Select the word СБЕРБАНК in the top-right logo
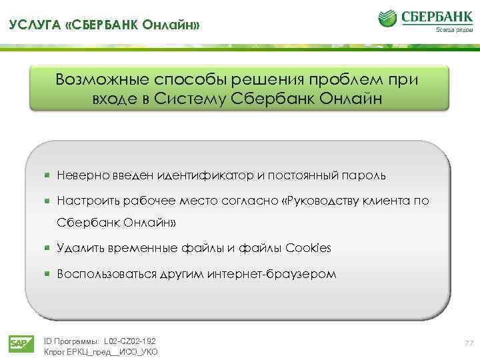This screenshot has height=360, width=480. click(434, 15)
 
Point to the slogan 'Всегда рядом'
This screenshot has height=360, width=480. click(449, 29)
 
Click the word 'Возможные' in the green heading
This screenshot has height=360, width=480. click(107, 79)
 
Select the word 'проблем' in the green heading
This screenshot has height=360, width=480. click(356, 79)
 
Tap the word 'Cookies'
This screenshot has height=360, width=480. click(308, 248)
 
